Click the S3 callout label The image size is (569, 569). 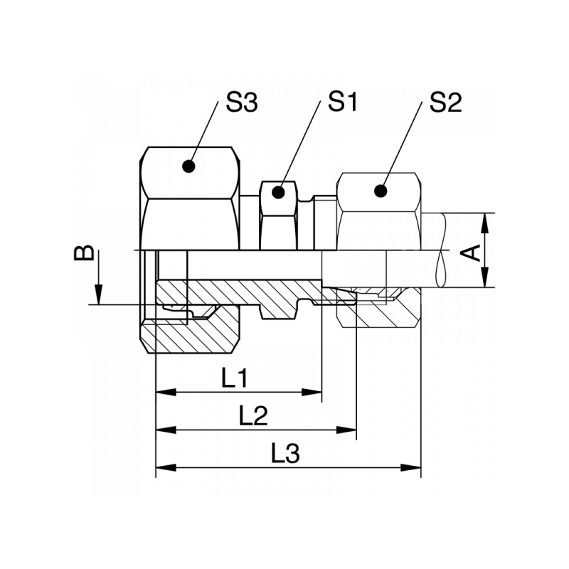point(241,104)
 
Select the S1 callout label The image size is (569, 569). point(341,102)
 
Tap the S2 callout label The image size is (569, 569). point(446,104)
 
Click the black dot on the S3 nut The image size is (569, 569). point(188,166)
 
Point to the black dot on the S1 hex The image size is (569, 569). point(280,192)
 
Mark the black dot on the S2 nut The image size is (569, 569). point(381,191)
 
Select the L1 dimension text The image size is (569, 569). point(235,378)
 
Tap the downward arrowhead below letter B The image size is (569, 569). point(98,295)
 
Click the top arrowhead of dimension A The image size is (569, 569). point(486,221)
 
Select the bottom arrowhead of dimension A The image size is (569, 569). point(486,279)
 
